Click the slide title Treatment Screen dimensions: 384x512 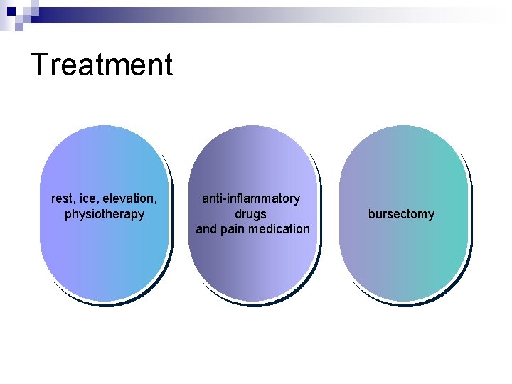(102, 65)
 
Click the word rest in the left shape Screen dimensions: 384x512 (61, 198)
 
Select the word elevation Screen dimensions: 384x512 (127, 198)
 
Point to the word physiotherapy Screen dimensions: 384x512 (104, 214)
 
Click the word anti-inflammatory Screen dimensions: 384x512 (251, 198)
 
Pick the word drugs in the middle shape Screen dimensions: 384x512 (251, 214)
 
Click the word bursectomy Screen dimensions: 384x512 (401, 214)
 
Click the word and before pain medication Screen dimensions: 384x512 (206, 229)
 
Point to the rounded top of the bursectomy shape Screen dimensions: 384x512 (403, 139)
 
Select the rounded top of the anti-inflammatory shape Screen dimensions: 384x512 (252, 139)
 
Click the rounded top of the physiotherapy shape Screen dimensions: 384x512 (104, 139)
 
